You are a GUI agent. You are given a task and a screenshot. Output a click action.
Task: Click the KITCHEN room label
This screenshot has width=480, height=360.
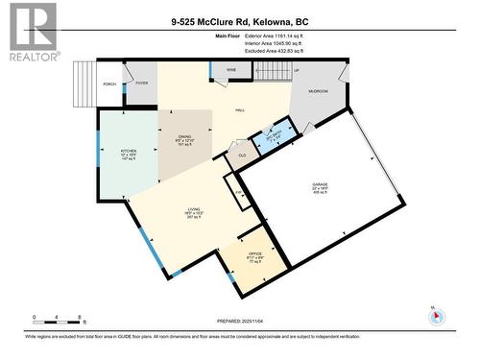pos(129,152)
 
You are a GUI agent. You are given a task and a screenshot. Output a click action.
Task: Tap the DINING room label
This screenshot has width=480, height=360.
pos(183,137)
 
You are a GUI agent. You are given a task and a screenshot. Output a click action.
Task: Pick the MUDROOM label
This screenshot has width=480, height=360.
pos(318,91)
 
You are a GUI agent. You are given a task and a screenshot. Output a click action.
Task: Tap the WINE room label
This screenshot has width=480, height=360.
pos(231,71)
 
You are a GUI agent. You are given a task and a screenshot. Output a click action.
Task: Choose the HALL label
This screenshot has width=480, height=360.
pos(240,110)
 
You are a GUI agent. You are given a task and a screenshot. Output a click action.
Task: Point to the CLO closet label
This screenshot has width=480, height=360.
pos(243,154)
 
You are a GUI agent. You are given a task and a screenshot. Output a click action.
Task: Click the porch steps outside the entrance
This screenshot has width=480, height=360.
pos(85,81)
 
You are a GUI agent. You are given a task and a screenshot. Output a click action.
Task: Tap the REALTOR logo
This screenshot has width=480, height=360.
pos(31,32)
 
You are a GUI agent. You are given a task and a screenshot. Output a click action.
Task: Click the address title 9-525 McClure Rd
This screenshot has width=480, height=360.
pos(241,21)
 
